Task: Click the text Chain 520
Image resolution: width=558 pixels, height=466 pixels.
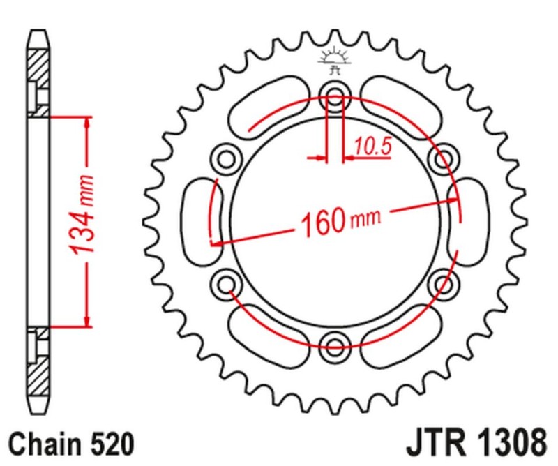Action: tap(70, 444)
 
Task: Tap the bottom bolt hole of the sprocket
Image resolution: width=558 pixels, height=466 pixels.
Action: tap(335, 342)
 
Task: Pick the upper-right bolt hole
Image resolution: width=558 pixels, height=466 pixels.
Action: tap(442, 158)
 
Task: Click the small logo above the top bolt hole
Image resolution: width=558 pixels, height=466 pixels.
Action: tap(334, 61)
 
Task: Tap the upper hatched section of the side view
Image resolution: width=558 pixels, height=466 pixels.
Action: tap(40, 77)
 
